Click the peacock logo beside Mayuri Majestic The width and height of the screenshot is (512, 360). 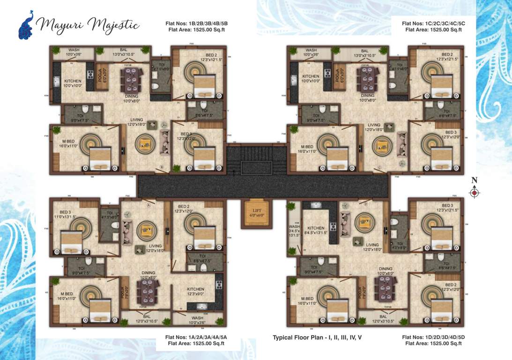click(x=26, y=25)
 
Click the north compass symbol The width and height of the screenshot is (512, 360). click(x=475, y=192)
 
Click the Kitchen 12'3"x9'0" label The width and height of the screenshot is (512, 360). click(x=195, y=292)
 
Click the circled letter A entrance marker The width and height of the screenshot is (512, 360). click(x=148, y=205)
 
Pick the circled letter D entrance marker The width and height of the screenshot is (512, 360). click(x=366, y=204)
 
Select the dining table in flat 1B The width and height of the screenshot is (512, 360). click(x=132, y=80)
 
